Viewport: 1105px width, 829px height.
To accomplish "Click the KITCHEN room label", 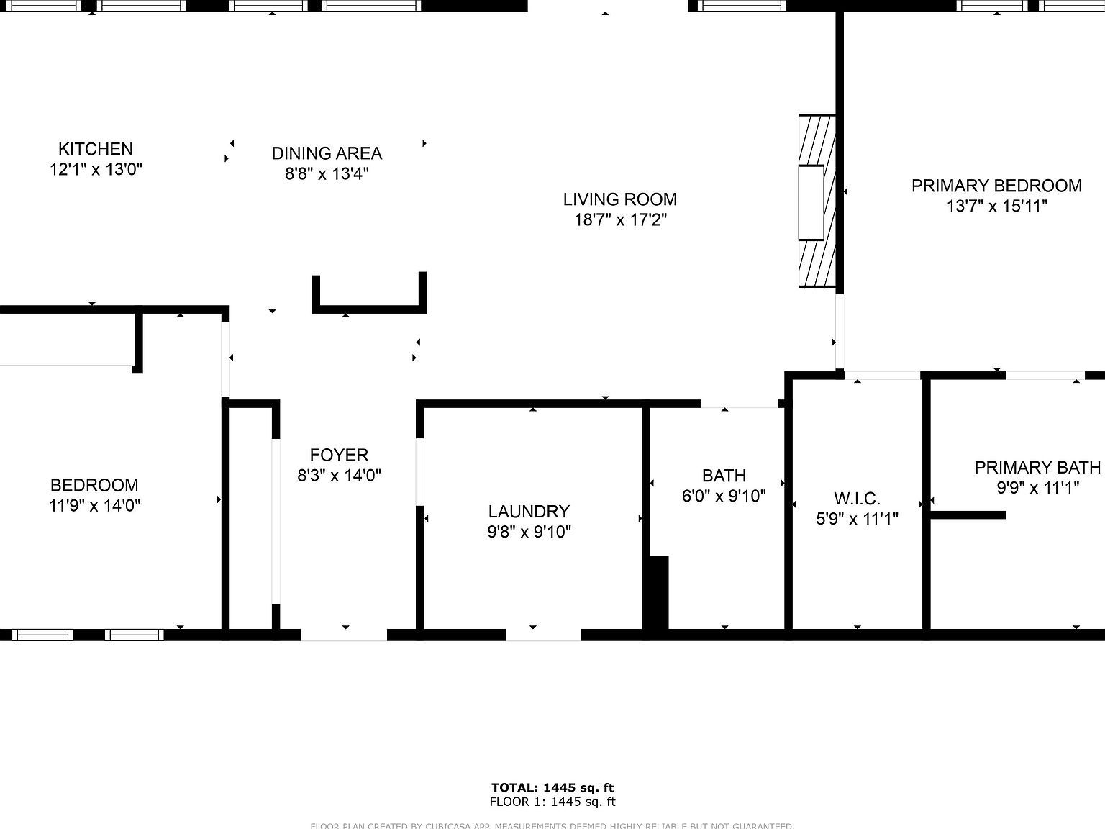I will pyautogui.click(x=95, y=149).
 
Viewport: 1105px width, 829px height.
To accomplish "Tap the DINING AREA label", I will pyautogui.click(x=327, y=153).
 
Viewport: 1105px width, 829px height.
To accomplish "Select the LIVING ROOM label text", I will pyautogui.click(x=619, y=199).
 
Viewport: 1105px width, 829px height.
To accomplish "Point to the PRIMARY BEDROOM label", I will pyautogui.click(x=996, y=186).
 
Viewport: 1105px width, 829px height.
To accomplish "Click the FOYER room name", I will pyautogui.click(x=339, y=455).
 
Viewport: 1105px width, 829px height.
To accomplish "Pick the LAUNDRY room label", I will pyautogui.click(x=529, y=512).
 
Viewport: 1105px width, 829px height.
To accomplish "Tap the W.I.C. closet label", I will pyautogui.click(x=857, y=499).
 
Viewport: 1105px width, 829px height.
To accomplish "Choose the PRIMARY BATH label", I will pyautogui.click(x=1037, y=468).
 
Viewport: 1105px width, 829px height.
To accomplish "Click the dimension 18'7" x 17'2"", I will pyautogui.click(x=620, y=220).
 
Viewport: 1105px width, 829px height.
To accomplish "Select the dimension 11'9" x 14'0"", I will pyautogui.click(x=94, y=505).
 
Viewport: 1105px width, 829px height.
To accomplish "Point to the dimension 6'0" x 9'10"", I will pyautogui.click(x=724, y=496).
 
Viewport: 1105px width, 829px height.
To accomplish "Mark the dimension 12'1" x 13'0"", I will pyautogui.click(x=95, y=170).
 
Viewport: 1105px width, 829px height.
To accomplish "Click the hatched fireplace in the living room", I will pyautogui.click(x=817, y=201).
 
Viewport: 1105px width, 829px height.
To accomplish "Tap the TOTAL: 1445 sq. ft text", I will pyautogui.click(x=552, y=787).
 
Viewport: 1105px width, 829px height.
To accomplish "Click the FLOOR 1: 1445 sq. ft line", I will pyautogui.click(x=552, y=802).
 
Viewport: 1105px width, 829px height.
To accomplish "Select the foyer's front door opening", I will pyautogui.click(x=344, y=635).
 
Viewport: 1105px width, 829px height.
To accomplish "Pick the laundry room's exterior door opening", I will pyautogui.click(x=544, y=635).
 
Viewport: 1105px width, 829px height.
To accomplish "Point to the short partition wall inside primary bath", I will pyautogui.click(x=968, y=515).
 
